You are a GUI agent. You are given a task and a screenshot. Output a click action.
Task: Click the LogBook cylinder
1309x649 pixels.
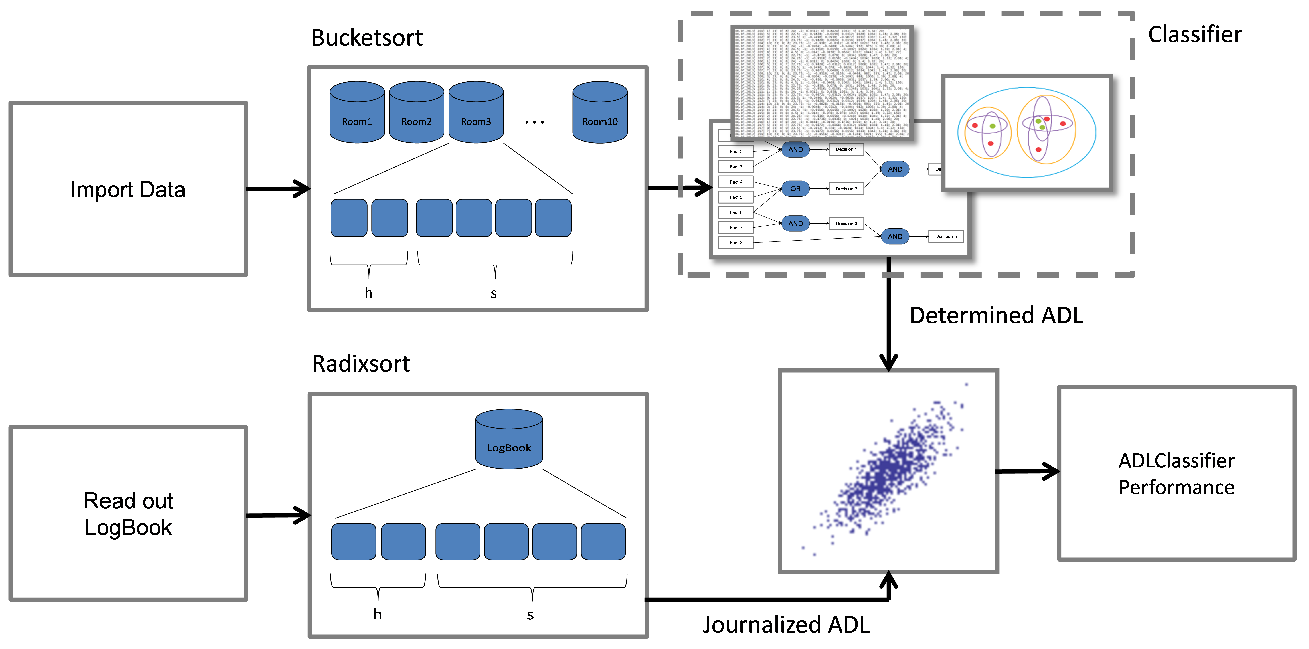509,440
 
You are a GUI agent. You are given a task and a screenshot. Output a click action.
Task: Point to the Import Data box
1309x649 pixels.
128,189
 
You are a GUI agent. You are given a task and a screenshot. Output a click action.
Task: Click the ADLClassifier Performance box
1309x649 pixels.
1176,474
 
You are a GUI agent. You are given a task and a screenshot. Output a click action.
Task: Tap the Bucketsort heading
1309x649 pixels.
367,38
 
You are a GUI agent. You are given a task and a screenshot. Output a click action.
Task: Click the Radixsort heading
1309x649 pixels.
361,364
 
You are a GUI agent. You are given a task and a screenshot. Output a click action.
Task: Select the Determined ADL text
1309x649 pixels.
996,316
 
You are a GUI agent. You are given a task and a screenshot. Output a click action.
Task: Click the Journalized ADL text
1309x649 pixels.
786,625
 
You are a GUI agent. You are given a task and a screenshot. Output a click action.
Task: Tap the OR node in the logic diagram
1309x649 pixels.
795,188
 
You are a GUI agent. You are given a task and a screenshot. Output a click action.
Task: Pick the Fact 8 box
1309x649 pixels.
736,243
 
